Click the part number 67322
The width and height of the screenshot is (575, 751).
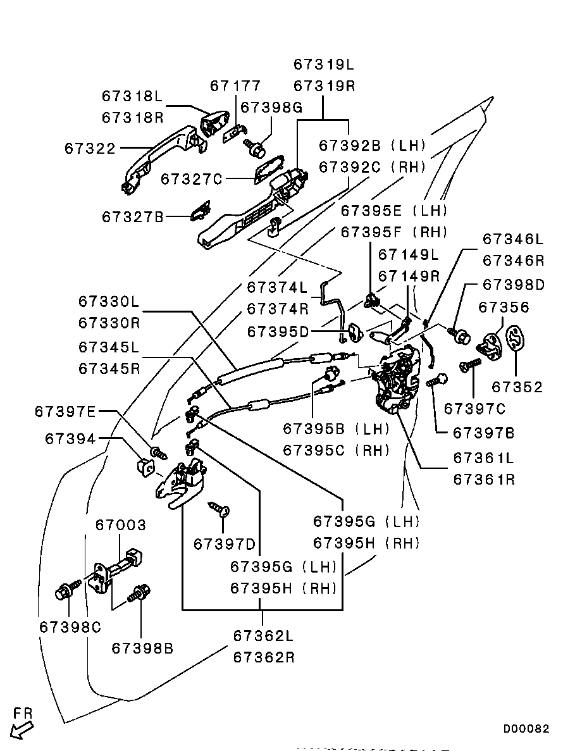(x=90, y=149)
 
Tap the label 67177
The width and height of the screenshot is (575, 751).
(x=235, y=86)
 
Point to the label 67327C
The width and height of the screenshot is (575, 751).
(x=192, y=179)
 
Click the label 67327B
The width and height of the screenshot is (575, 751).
(x=133, y=217)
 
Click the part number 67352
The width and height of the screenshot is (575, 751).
(x=517, y=387)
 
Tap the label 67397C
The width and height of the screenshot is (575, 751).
(x=475, y=409)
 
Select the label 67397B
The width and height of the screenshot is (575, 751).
(x=484, y=433)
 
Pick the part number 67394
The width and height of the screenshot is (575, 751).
(x=70, y=438)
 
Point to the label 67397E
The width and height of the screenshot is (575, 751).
(x=66, y=412)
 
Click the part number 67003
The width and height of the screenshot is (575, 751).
(x=121, y=524)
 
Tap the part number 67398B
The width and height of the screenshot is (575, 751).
(x=142, y=648)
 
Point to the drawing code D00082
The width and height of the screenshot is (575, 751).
(x=526, y=729)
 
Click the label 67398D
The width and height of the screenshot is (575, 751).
(x=514, y=285)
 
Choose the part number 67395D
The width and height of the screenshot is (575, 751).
(x=278, y=332)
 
